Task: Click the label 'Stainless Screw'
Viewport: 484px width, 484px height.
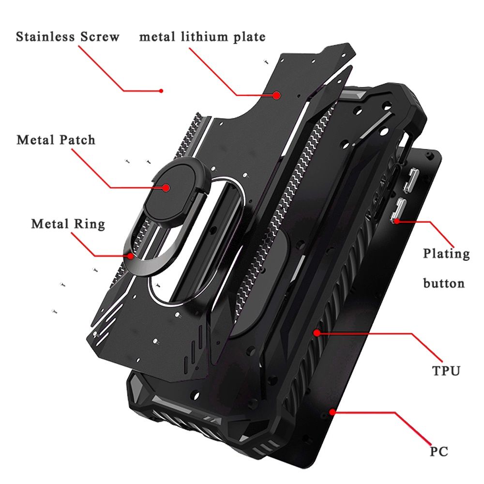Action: point(68,37)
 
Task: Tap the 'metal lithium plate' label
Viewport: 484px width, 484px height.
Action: point(202,37)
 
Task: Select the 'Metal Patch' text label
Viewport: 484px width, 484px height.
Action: point(56,140)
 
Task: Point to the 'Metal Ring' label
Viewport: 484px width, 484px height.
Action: point(68,224)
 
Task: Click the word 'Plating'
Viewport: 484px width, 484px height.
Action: point(446,254)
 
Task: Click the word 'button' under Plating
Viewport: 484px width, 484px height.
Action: point(444,283)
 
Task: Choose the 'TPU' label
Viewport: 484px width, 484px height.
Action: point(446,371)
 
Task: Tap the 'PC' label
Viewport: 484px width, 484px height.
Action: point(439,451)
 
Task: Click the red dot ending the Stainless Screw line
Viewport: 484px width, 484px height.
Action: point(161,91)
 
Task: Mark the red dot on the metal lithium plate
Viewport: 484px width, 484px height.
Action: point(276,95)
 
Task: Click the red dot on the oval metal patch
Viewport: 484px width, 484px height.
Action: point(166,188)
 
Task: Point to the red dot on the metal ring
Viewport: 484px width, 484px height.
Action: point(131,256)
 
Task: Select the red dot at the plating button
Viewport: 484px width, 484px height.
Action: point(397,221)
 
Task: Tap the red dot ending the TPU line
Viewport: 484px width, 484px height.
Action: point(317,333)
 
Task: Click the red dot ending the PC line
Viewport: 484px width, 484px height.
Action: point(332,412)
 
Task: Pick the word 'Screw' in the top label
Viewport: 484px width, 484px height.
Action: point(100,37)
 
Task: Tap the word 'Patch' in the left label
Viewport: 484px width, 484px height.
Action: point(77,140)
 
